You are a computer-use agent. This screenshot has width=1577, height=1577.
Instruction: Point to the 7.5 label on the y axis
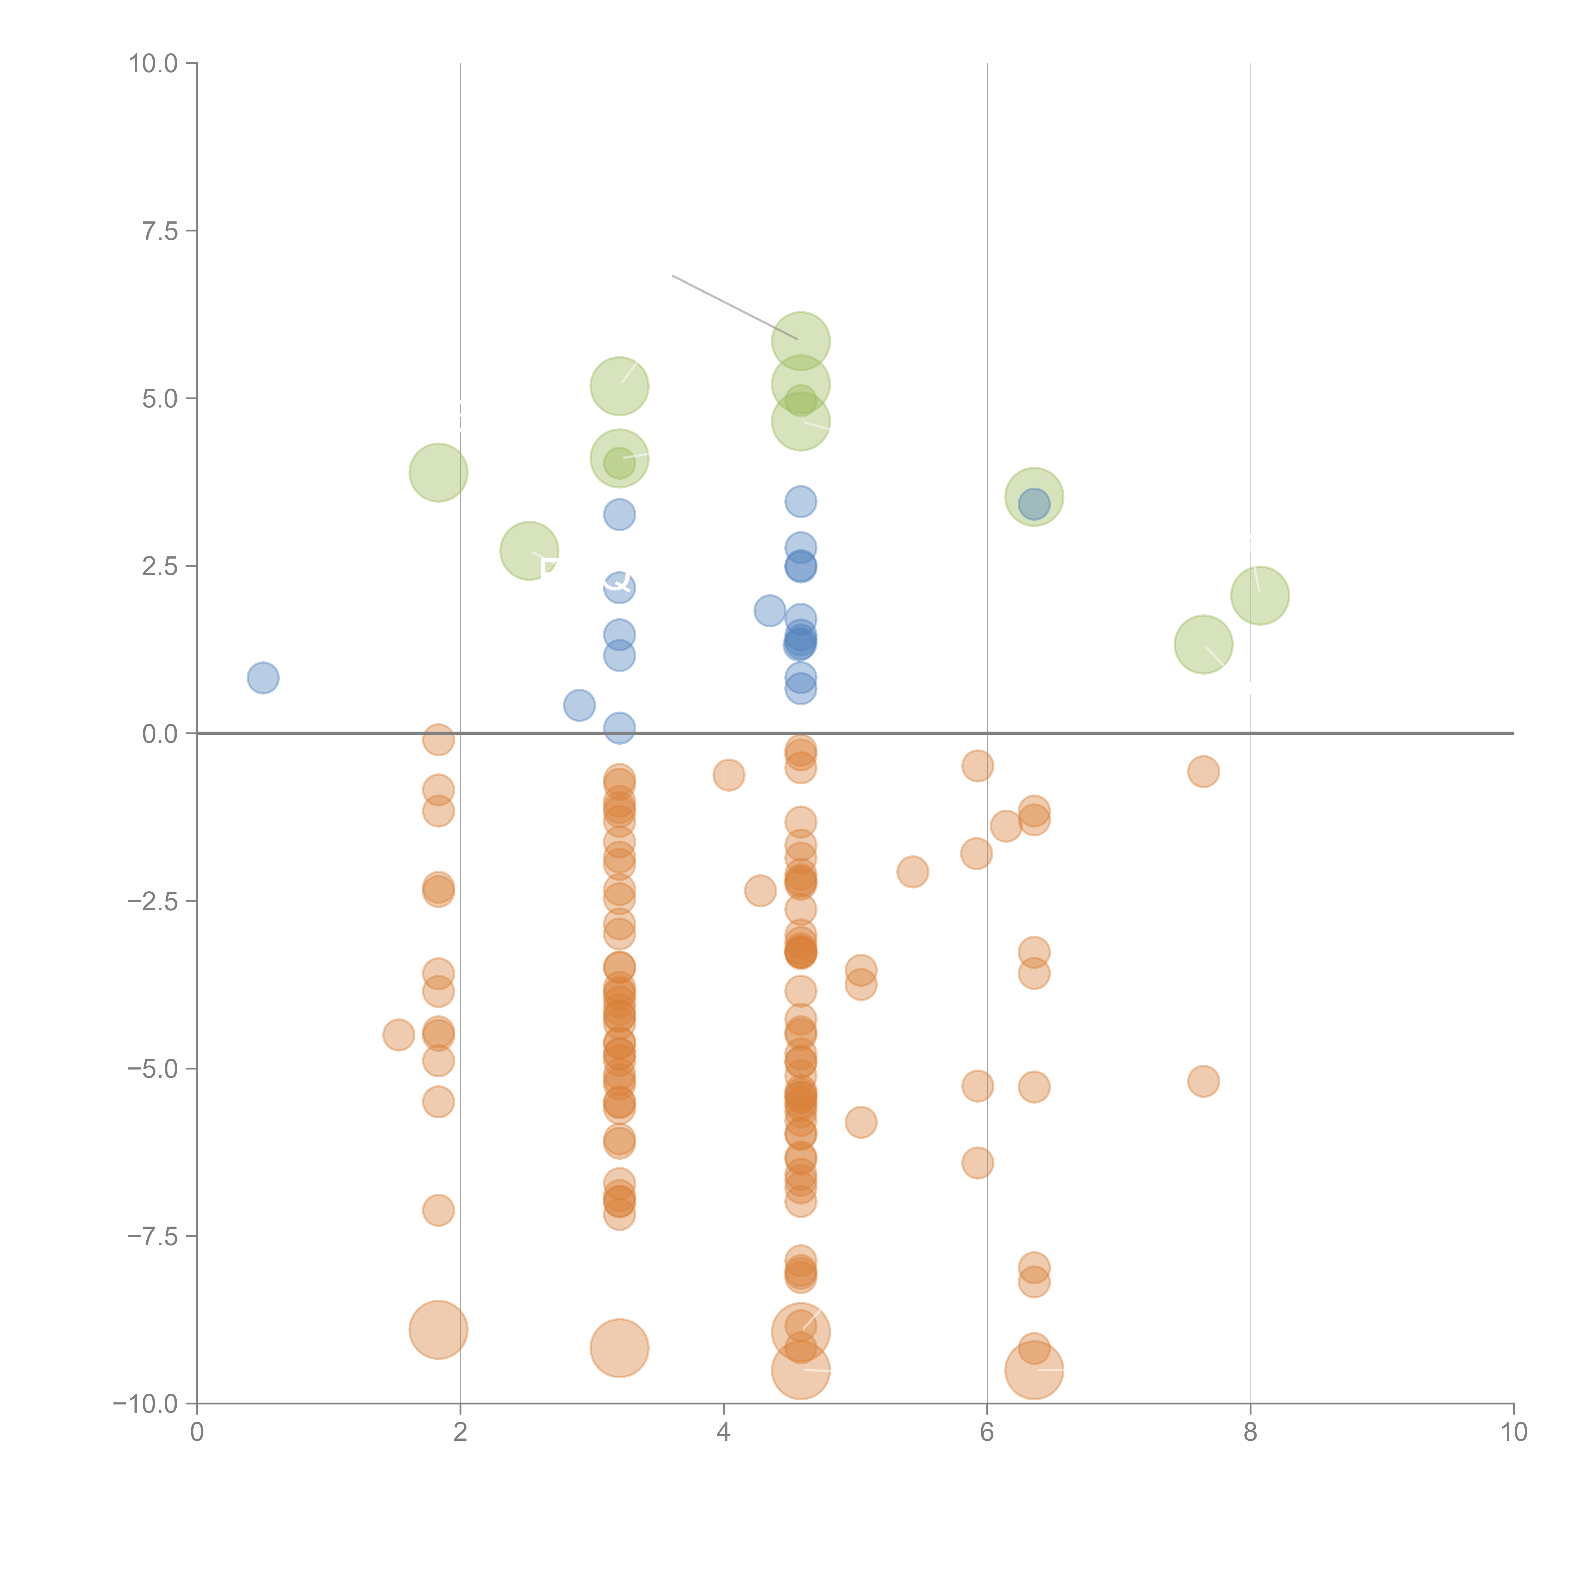click(159, 231)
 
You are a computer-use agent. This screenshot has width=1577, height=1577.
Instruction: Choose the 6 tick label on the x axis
click(987, 1433)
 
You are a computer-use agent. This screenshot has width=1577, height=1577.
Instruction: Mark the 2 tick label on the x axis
click(460, 1433)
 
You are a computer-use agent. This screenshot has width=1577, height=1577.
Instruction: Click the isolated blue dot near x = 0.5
click(263, 677)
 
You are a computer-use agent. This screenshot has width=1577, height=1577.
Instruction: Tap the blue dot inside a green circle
click(1034, 504)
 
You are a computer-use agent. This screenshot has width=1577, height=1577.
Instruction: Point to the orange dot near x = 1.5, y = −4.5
click(398, 1035)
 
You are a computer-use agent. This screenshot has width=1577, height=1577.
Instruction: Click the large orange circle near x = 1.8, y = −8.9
click(438, 1330)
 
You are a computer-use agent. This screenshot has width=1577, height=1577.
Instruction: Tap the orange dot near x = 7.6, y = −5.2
click(1203, 1082)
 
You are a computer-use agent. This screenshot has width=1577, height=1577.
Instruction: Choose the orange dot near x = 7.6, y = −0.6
click(1203, 771)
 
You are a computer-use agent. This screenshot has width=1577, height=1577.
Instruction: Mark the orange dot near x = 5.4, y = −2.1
click(912, 872)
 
